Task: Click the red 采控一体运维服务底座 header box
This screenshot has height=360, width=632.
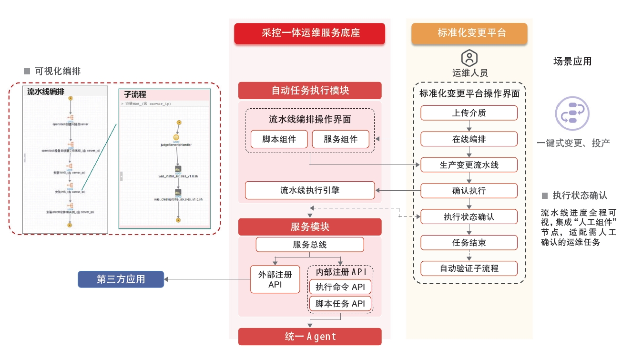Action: (310, 33)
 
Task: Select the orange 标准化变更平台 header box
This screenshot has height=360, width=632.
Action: (469, 33)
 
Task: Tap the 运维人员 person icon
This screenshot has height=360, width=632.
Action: (469, 58)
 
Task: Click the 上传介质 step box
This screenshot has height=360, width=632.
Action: (469, 113)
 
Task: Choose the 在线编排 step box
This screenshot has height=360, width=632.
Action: (469, 139)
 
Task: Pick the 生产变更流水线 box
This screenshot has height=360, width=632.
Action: (469, 165)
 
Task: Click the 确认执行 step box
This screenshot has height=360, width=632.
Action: (469, 191)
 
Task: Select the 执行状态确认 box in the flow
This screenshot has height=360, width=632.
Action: (469, 216)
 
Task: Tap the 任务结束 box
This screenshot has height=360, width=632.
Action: (469, 242)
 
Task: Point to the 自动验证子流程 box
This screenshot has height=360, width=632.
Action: (469, 268)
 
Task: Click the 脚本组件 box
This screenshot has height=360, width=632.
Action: (279, 139)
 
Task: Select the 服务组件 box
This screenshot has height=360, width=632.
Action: (340, 139)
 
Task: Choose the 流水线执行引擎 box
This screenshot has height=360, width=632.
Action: (310, 190)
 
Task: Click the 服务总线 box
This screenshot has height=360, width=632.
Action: (310, 245)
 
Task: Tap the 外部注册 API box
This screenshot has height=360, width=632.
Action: (275, 279)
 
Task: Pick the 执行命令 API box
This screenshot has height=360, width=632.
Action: (340, 287)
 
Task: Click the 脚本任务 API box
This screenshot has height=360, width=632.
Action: (340, 303)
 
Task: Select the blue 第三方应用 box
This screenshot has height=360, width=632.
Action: (121, 279)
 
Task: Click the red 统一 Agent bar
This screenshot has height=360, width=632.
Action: (310, 337)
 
